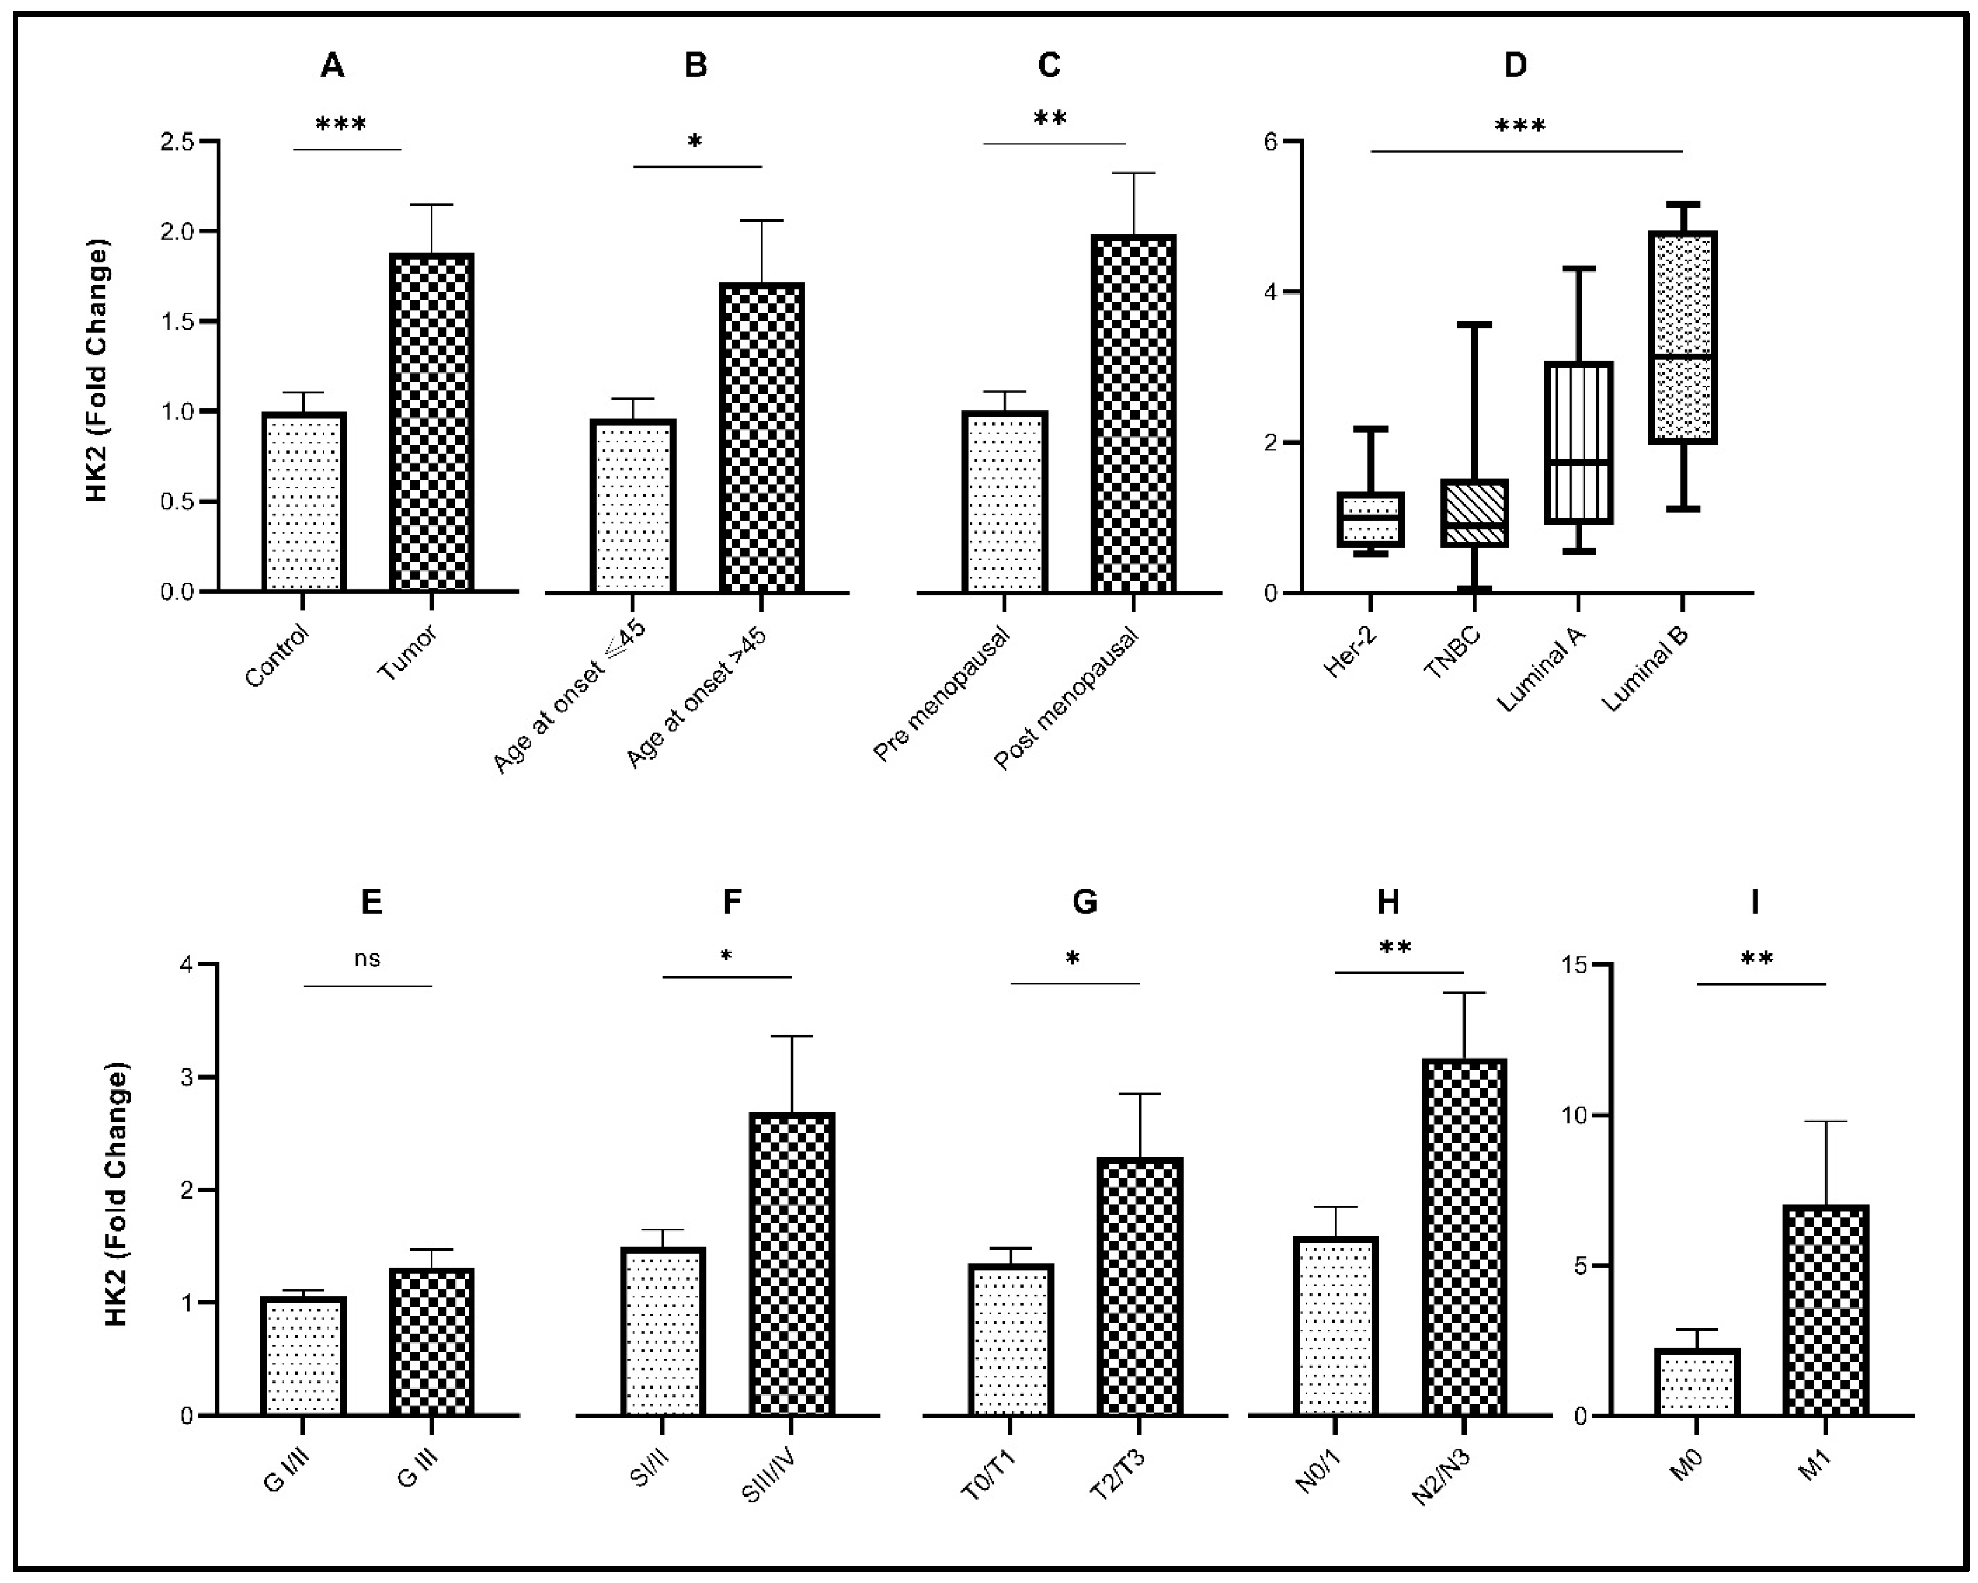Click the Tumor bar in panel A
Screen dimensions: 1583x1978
(x=431, y=422)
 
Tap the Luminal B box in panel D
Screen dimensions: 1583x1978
(x=1683, y=338)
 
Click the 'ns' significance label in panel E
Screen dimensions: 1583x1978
(x=367, y=959)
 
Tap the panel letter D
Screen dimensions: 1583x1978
(x=1516, y=65)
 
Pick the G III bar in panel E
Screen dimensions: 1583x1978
(x=431, y=1342)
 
